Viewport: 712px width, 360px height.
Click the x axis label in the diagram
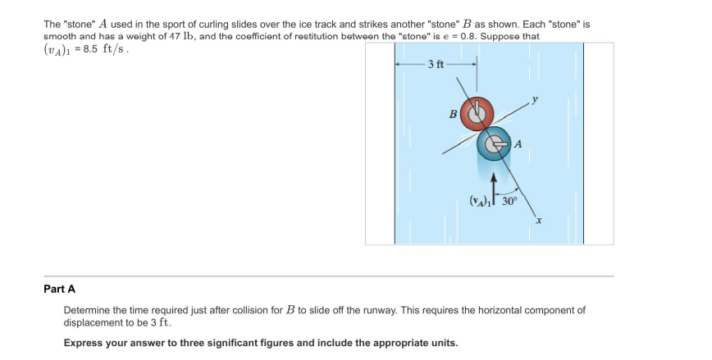click(538, 220)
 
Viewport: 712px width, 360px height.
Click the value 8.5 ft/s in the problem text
click(104, 48)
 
